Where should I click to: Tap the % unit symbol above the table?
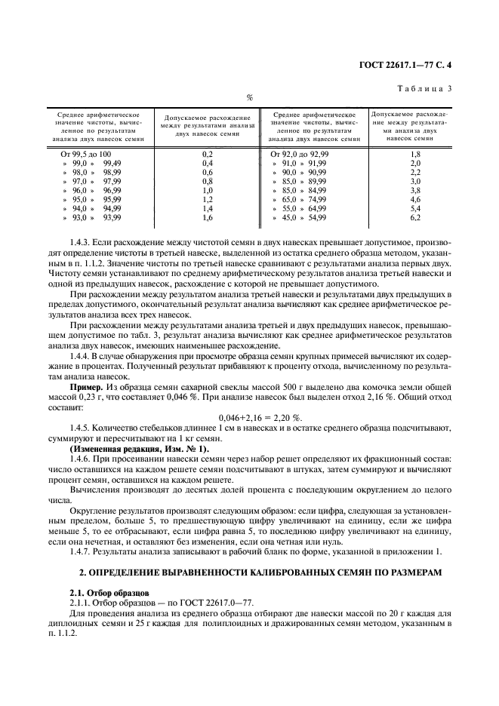[x=249, y=97]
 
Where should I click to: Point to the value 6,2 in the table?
[x=414, y=218]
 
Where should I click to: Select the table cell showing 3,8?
[x=414, y=191]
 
